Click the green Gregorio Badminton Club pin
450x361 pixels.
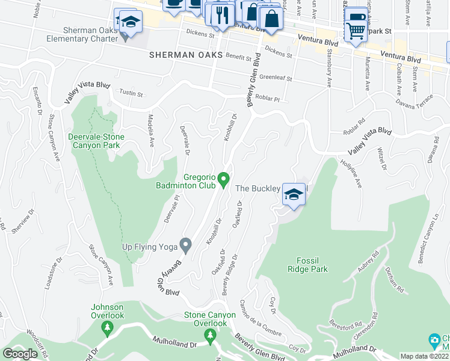(223, 179)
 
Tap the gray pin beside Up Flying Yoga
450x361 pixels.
(186, 245)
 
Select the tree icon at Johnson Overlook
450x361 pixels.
(107, 327)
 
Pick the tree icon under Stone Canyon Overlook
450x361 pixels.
(210, 335)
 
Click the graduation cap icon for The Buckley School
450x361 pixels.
(293, 195)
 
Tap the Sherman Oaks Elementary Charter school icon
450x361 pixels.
(128, 22)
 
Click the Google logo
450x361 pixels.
(20, 354)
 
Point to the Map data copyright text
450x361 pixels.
(425, 356)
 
